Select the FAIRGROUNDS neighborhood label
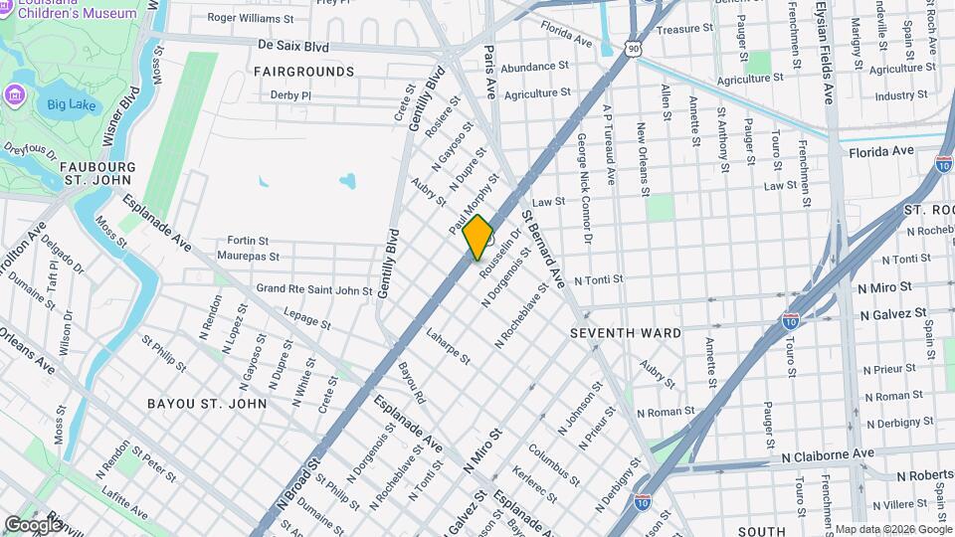click(303, 72)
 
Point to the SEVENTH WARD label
click(625, 333)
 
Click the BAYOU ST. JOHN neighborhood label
click(207, 404)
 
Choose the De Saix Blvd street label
click(292, 46)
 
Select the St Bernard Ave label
click(543, 249)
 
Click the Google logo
click(33, 524)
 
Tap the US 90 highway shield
click(634, 47)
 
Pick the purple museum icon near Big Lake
click(14, 95)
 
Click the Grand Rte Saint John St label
click(313, 289)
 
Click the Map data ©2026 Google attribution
click(891, 529)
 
